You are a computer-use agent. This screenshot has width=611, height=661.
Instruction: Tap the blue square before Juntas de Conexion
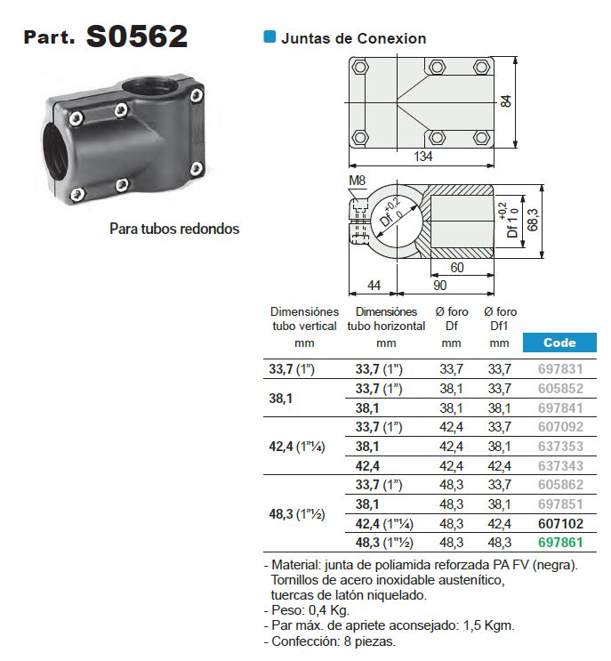pyautogui.click(x=269, y=37)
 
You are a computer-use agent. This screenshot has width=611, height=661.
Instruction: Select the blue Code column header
pyautogui.click(x=559, y=343)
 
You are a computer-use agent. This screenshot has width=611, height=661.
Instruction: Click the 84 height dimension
pyautogui.click(x=506, y=101)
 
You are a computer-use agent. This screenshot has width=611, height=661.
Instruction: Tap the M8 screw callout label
pyautogui.click(x=358, y=182)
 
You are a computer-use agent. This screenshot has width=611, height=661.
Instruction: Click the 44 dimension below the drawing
pyautogui.click(x=373, y=285)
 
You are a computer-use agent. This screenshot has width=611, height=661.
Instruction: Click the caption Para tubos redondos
pyautogui.click(x=174, y=229)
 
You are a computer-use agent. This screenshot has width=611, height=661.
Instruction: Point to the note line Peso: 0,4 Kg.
pyautogui.click(x=308, y=609)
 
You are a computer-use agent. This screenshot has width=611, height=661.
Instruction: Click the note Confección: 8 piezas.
pyautogui.click(x=330, y=641)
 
